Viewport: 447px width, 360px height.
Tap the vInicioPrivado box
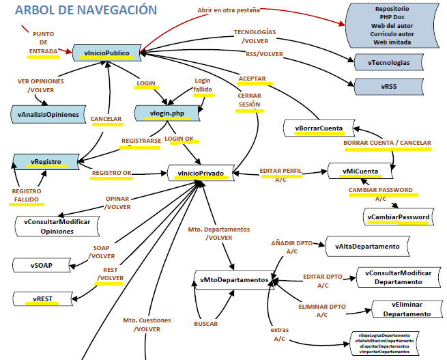click(x=203, y=173)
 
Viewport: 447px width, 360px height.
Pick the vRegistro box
click(x=46, y=162)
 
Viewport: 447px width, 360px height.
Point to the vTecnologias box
click(x=389, y=63)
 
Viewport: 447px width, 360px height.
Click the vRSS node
click(x=389, y=87)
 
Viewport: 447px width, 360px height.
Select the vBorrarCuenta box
click(x=319, y=128)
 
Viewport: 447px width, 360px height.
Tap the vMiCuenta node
click(x=362, y=170)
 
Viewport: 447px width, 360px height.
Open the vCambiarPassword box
click(x=399, y=217)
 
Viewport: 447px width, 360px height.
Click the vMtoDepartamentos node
click(x=233, y=280)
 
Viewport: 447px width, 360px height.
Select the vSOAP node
click(x=42, y=264)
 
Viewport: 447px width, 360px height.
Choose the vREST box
click(x=42, y=298)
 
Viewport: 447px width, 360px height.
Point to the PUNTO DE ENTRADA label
click(x=44, y=42)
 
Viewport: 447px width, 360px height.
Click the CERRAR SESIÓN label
click(x=249, y=100)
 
